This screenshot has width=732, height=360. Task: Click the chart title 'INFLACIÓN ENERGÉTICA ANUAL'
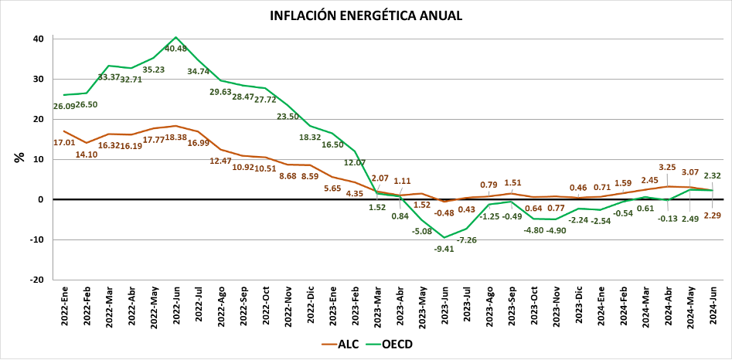(x=366, y=15)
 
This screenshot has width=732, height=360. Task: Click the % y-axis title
(x=19, y=158)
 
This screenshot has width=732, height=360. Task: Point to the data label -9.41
(x=444, y=248)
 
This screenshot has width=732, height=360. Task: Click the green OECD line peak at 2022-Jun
(x=176, y=37)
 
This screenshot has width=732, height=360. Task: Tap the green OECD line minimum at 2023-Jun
(x=444, y=237)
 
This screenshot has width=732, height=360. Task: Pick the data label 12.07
(x=355, y=162)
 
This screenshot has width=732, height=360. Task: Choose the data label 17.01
(x=63, y=142)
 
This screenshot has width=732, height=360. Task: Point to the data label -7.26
(x=468, y=240)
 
